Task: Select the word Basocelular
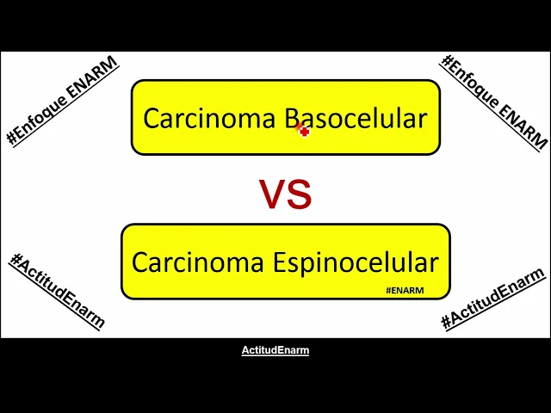pyautogui.click(x=356, y=119)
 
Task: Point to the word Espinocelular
pyautogui.click(x=356, y=262)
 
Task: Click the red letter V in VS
pyautogui.click(x=273, y=195)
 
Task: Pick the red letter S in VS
pyautogui.click(x=299, y=195)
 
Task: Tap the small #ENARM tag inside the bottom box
pyautogui.click(x=405, y=291)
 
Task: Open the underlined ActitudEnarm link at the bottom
pyautogui.click(x=275, y=350)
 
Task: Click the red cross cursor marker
pyautogui.click(x=302, y=130)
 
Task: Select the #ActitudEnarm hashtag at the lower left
pyautogui.click(x=57, y=291)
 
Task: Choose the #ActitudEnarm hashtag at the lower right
pyautogui.click(x=492, y=299)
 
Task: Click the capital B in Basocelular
pyautogui.click(x=293, y=119)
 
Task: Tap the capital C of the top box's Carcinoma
pyautogui.click(x=151, y=119)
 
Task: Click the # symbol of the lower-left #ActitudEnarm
pyautogui.click(x=15, y=260)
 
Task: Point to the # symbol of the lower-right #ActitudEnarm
pyautogui.click(x=447, y=323)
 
